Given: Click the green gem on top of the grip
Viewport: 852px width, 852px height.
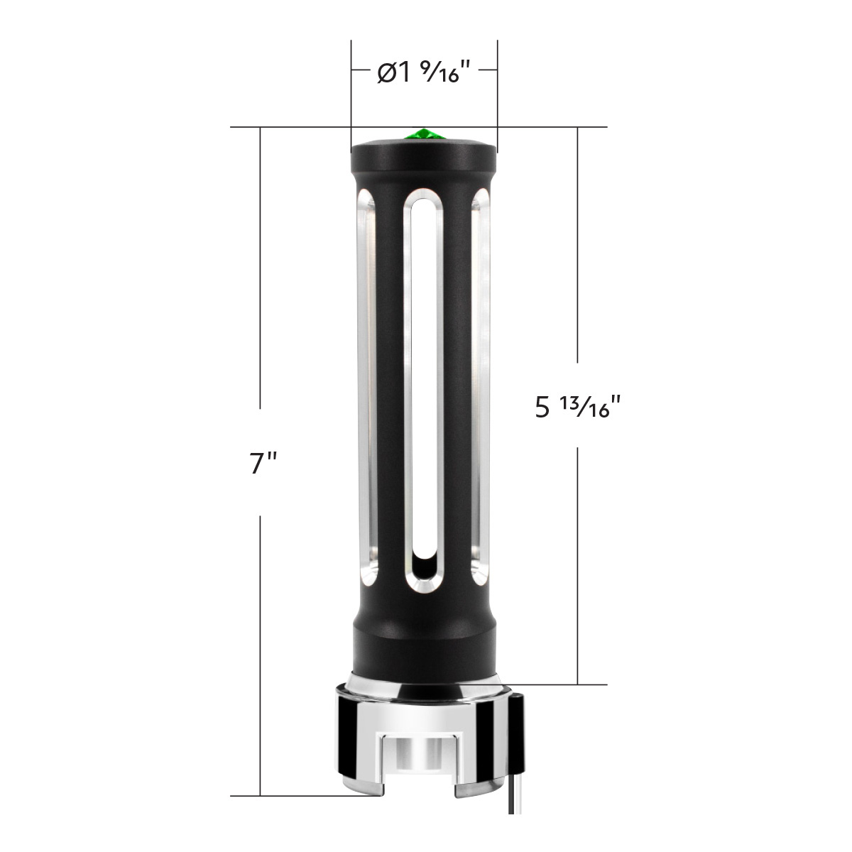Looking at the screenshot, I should [423, 135].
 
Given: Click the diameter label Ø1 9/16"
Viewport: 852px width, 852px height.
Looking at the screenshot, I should [424, 73].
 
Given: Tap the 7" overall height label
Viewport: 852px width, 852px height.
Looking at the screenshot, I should [262, 463].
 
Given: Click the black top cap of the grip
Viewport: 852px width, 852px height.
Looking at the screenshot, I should [424, 154].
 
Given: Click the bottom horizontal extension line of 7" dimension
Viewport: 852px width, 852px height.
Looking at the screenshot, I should [298, 796].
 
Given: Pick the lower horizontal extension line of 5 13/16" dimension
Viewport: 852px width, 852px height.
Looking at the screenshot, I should [568, 685].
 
